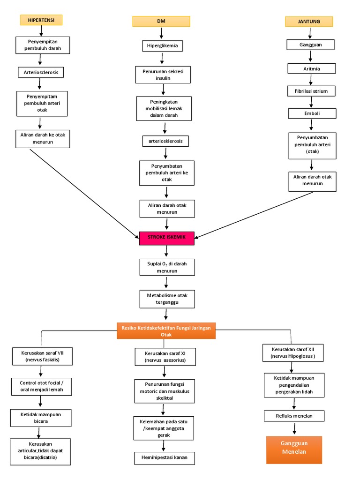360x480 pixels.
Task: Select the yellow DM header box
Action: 161,21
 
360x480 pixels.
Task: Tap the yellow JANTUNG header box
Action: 309,22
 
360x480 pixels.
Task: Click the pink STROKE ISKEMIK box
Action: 167,238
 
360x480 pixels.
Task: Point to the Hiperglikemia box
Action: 162,46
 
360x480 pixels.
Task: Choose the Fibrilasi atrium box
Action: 311,91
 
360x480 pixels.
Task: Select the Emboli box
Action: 312,113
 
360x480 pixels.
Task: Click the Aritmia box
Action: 311,68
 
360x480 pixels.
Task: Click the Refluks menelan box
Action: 294,416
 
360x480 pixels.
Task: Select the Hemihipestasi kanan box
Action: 165,458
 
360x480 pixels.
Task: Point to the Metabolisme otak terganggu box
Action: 167,299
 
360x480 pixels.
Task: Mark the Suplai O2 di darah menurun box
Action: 167,267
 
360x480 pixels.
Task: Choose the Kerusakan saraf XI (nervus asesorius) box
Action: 165,357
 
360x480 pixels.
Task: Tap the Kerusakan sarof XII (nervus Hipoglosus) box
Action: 292,353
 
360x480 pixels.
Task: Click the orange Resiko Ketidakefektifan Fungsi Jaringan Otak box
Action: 166,331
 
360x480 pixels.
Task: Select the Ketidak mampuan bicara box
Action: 41,418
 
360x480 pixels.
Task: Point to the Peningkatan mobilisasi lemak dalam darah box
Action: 164,108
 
